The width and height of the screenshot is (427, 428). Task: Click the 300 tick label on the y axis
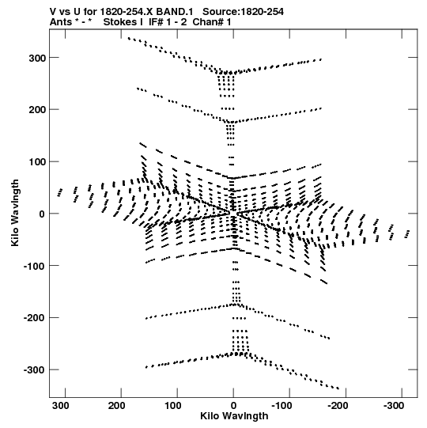click(x=37, y=58)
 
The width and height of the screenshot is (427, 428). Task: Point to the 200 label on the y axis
click(x=37, y=110)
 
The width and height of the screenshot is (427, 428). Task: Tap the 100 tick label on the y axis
click(x=37, y=162)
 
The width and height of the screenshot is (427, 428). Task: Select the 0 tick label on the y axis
click(x=42, y=214)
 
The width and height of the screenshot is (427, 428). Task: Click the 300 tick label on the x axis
click(x=61, y=406)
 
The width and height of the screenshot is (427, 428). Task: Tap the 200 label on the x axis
click(x=117, y=406)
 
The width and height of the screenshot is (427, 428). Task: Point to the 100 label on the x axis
click(x=173, y=406)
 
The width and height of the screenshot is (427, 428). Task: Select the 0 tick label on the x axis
click(x=233, y=406)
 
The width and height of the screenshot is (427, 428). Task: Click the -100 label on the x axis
click(x=282, y=406)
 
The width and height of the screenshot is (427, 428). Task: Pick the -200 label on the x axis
click(x=338, y=406)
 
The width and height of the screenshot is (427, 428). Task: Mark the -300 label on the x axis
click(x=394, y=406)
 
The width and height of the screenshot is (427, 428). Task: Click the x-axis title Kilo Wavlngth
click(x=234, y=416)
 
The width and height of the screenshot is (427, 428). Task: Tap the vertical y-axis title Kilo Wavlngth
click(x=15, y=213)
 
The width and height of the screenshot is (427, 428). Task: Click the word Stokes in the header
click(x=123, y=22)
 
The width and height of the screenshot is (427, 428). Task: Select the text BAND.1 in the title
click(x=175, y=12)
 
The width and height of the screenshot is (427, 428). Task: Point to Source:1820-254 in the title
click(x=243, y=12)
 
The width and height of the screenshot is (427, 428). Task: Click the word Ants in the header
click(x=61, y=22)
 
